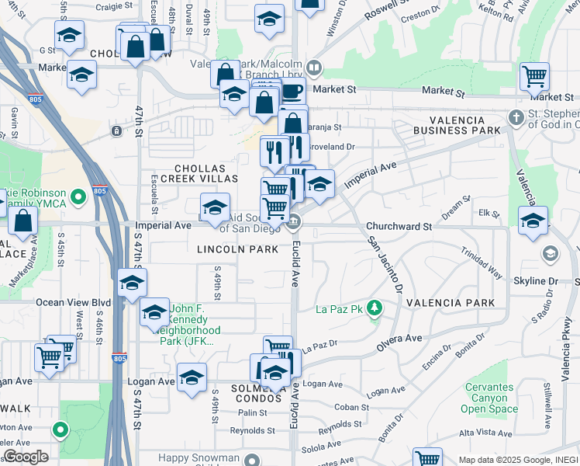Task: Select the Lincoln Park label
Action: tap(237, 249)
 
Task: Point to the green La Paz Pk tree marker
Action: tap(375, 309)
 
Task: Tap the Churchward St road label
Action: tap(398, 226)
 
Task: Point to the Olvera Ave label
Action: tap(400, 338)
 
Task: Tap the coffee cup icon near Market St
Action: tap(292, 92)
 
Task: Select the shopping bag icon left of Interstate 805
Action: tap(24, 221)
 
